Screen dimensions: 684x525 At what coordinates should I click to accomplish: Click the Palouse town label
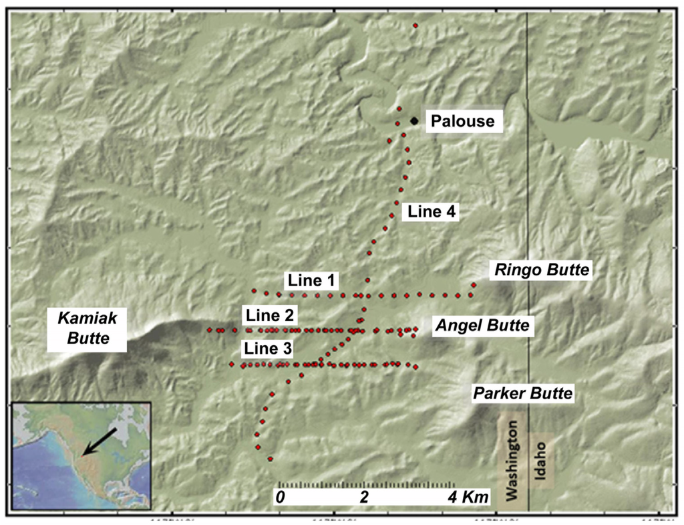(x=462, y=121)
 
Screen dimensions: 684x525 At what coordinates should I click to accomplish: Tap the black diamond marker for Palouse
(x=414, y=120)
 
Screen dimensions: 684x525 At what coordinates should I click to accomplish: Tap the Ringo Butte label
(x=541, y=270)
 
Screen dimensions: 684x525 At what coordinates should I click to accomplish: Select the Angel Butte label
(x=482, y=326)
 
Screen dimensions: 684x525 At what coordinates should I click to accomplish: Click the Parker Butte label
(x=523, y=393)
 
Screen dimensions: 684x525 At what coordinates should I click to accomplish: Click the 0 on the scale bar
(x=281, y=497)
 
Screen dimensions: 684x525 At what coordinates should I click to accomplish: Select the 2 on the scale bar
(x=365, y=497)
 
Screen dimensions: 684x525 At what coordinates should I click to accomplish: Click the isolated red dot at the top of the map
(x=415, y=25)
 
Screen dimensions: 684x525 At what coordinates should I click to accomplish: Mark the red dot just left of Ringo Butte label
(x=474, y=284)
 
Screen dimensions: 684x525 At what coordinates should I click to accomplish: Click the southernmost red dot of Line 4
(x=271, y=459)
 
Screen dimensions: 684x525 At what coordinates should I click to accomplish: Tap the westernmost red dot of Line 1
(x=254, y=290)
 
